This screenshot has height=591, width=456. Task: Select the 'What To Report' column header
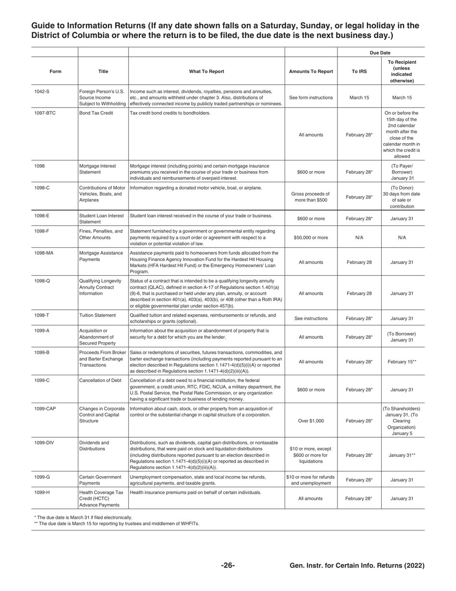coord(206,72)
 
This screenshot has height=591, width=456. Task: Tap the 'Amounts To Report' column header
coord(311,72)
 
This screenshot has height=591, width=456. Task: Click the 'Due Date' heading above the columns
coord(380,52)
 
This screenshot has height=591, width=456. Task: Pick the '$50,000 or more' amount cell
coord(311,237)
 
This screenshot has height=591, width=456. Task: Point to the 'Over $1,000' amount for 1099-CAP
coord(311,420)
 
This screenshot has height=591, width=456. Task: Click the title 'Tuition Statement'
coord(97,316)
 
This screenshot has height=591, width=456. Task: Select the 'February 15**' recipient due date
coord(402,362)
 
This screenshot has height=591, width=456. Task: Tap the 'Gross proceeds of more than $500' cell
coord(311,197)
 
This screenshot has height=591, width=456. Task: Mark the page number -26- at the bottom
coord(228,566)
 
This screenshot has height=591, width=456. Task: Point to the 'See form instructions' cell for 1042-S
coord(311,98)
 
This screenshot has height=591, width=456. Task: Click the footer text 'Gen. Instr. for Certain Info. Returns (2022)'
coord(357,566)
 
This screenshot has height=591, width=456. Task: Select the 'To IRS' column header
coord(359,72)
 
